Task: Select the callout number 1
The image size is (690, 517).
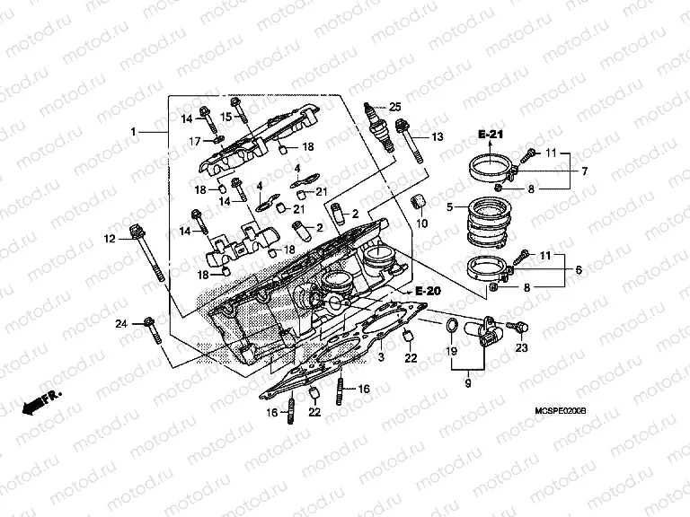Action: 133,132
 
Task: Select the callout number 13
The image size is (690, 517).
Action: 438,137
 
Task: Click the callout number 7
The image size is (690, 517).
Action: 583,171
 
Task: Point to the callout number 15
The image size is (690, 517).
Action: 226,117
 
